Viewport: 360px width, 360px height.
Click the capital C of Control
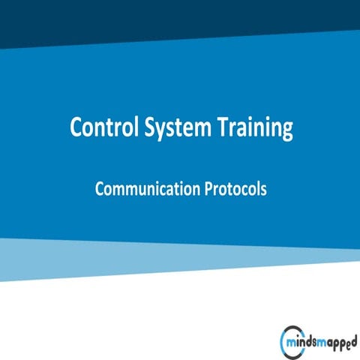(76, 127)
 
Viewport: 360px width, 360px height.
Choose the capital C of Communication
(100, 190)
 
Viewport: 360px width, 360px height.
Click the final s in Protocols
(263, 190)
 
